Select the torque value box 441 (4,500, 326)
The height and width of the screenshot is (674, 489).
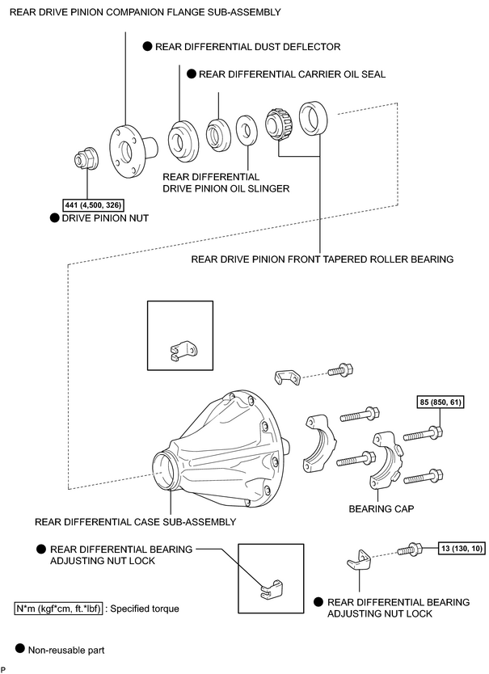click(93, 205)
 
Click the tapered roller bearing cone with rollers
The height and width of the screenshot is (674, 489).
click(278, 124)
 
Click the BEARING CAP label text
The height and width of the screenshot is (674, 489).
click(381, 509)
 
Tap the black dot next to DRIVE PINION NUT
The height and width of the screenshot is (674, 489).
click(54, 218)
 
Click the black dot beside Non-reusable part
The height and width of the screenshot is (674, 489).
click(19, 648)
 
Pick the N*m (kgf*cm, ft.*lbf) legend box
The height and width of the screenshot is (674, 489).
click(58, 609)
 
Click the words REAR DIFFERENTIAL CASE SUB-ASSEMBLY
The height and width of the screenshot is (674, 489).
click(136, 522)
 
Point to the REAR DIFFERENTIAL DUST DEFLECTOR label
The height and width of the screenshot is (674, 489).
click(247, 47)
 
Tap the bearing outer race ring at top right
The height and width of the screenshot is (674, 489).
click(313, 118)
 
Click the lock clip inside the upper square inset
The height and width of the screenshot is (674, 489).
click(183, 349)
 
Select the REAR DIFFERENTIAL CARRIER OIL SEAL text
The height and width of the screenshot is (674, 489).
click(292, 74)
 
